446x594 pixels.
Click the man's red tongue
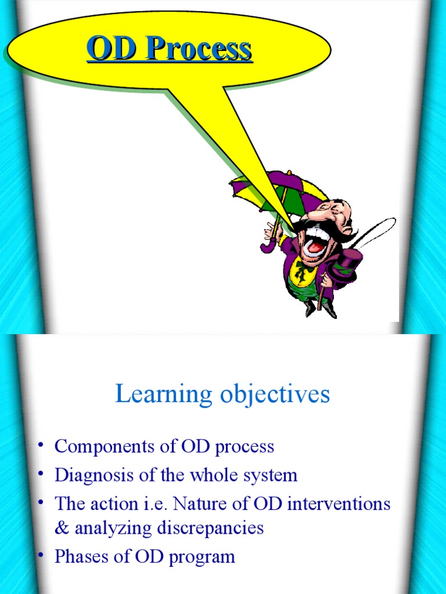[314, 247]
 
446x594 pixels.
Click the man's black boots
[320, 308]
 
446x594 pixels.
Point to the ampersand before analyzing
[61, 528]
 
